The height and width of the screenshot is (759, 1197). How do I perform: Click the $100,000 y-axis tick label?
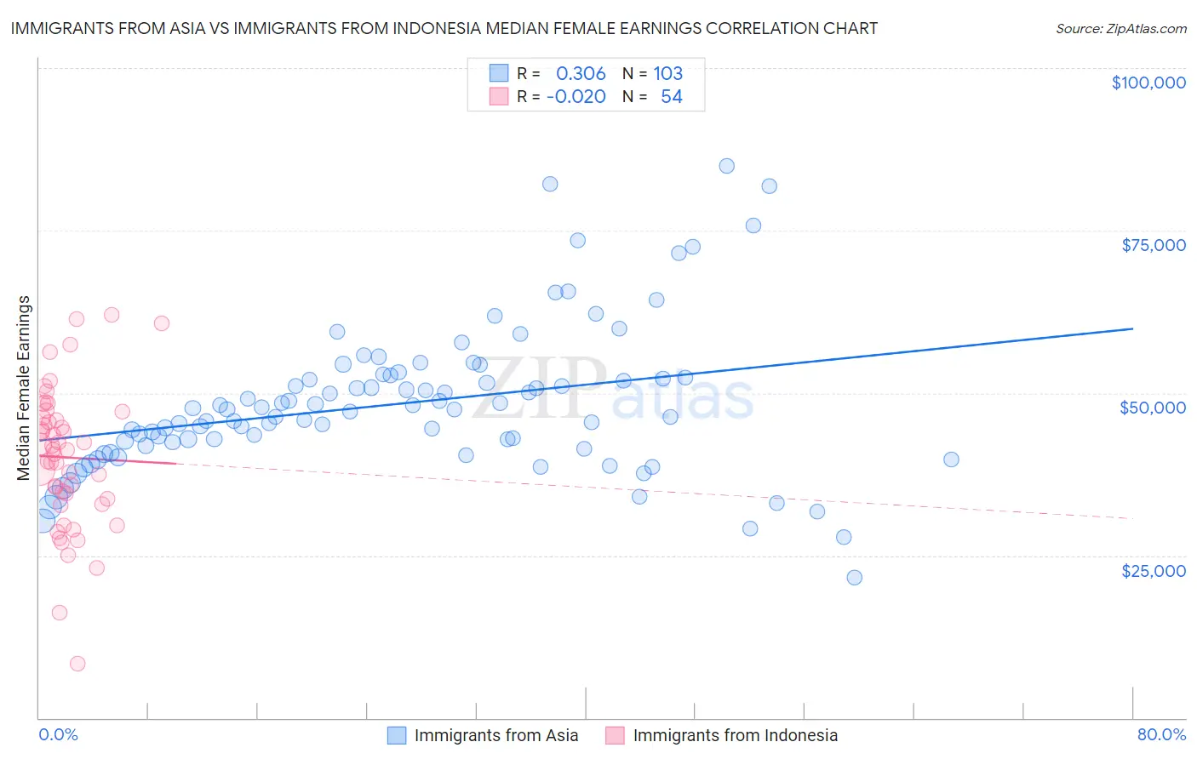coord(1148,83)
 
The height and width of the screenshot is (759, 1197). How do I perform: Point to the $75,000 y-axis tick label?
coord(1153,245)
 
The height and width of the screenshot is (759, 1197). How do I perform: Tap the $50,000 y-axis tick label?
coord(1152,408)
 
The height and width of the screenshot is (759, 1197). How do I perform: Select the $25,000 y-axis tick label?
coord(1153,570)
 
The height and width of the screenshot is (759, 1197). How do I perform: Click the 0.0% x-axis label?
coord(58,734)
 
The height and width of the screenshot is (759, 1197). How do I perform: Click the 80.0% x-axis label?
coord(1161,734)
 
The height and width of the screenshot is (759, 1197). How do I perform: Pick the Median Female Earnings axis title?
coord(24,388)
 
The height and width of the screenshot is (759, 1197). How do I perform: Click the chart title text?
coord(444,28)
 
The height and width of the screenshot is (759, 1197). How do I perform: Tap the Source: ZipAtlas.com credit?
coord(1120,28)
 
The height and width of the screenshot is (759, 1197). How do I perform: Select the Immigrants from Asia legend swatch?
coord(397,735)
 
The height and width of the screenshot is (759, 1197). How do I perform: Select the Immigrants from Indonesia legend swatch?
coord(615,735)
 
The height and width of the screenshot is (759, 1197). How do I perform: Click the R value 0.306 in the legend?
coord(581,73)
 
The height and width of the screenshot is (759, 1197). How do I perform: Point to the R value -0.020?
coord(576,96)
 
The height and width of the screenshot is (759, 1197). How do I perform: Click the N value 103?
coord(668,73)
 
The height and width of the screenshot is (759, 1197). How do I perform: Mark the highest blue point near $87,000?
coord(726,166)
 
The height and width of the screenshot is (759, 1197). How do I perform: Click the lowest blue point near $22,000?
coord(854,577)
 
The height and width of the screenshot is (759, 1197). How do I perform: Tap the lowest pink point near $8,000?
coord(77,664)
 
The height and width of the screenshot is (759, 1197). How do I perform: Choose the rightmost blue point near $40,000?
coord(951,459)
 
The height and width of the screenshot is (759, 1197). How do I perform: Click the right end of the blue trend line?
coord(1132,328)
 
